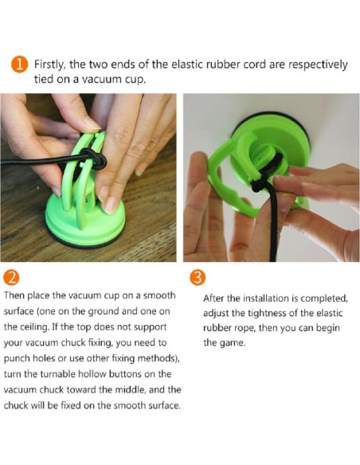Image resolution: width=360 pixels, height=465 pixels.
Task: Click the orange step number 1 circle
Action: click(x=19, y=64)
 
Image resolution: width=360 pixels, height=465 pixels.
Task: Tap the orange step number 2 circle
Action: click(x=12, y=278)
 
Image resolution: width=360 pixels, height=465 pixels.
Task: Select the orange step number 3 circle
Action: click(x=198, y=278)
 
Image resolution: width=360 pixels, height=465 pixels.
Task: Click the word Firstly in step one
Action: click(x=49, y=65)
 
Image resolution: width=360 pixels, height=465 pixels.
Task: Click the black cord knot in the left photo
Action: click(x=93, y=159)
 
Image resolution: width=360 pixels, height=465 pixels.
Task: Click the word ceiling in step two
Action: click(x=35, y=327)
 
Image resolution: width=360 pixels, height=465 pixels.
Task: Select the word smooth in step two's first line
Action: click(x=159, y=295)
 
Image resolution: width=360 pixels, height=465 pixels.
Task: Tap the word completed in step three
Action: click(x=324, y=299)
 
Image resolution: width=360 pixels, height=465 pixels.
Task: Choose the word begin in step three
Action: click(x=327, y=329)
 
